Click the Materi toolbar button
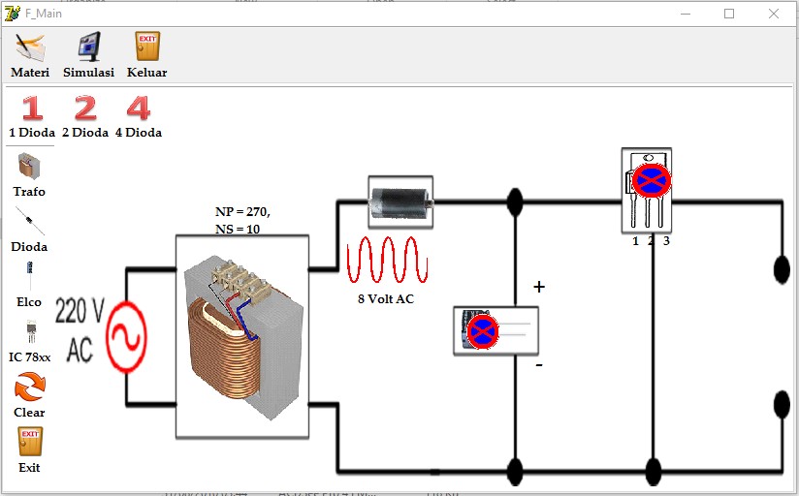click(x=30, y=54)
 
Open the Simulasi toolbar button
click(x=88, y=54)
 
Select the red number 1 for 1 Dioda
click(x=33, y=108)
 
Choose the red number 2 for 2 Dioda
click(x=85, y=108)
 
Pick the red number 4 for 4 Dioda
click(x=139, y=108)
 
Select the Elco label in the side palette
click(x=29, y=302)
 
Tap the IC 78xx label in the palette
click(x=29, y=357)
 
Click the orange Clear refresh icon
click(x=29, y=387)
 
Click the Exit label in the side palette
click(x=29, y=468)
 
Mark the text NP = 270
click(x=242, y=211)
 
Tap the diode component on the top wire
click(x=400, y=201)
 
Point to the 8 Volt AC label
click(x=385, y=299)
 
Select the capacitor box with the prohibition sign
click(x=495, y=330)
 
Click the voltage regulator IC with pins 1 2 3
click(x=647, y=190)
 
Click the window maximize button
click(x=729, y=14)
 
